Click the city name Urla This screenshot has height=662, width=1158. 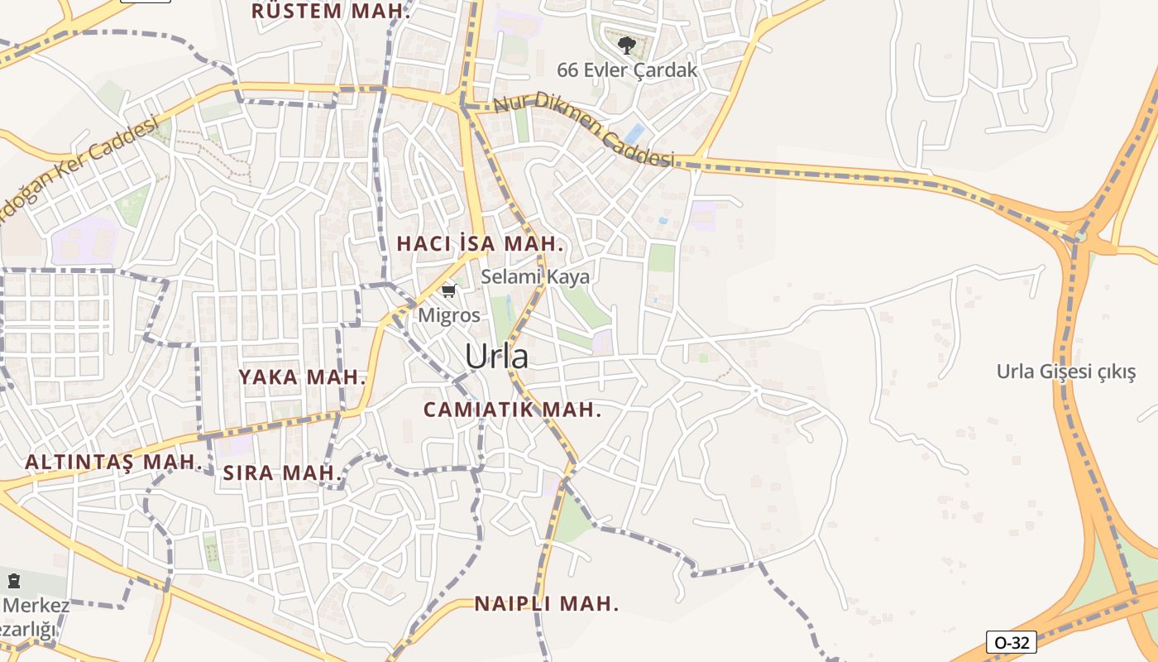coord(496,357)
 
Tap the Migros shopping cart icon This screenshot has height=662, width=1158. coord(449,290)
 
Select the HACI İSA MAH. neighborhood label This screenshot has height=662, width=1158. coord(480,244)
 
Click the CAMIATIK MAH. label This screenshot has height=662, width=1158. coord(512,410)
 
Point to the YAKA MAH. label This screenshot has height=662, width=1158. coord(302,377)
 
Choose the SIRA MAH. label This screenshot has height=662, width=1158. coord(282,473)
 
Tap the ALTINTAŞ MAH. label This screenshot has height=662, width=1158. coord(113,462)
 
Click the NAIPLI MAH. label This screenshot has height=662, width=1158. coord(546,604)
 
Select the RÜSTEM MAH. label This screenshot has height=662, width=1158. coord(331,12)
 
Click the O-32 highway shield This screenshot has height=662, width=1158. coord(1011,642)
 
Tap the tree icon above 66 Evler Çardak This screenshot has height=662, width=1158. coord(626,45)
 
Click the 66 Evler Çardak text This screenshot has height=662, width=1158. coord(627,70)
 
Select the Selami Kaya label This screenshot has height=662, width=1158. coord(535,276)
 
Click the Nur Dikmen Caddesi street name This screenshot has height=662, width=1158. coord(584,129)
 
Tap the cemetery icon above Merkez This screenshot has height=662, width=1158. coord(13,581)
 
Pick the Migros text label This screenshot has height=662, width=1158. coord(448,315)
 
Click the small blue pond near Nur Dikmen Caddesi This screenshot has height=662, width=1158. coord(635,132)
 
